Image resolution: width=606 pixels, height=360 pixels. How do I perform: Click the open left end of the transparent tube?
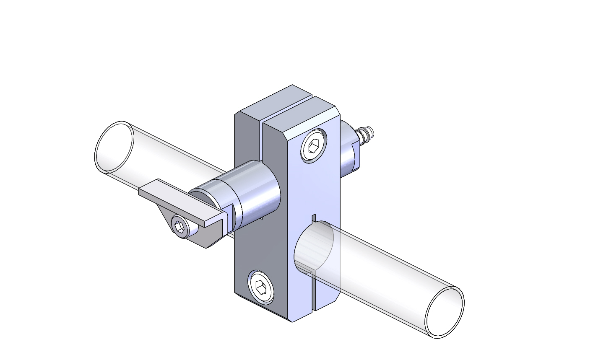(x=114, y=147)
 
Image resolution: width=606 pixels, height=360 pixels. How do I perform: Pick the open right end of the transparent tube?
(x=445, y=312)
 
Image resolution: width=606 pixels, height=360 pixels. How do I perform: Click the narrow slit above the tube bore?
(x=313, y=217)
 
